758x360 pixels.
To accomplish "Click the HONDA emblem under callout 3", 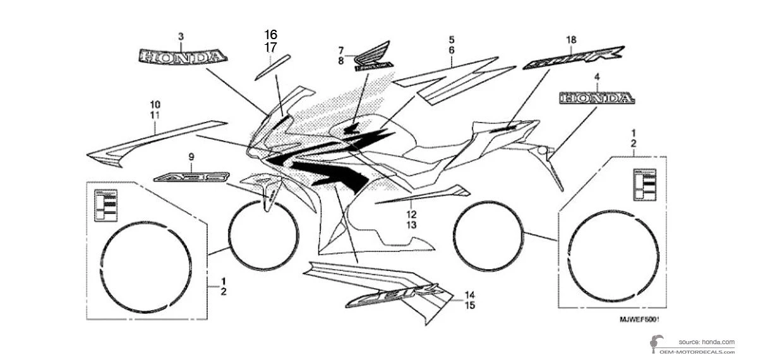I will point(181,57).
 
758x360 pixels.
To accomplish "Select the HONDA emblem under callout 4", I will point(596,98).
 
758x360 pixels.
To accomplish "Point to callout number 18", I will point(571,40).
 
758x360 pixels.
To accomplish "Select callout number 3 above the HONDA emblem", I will point(181,37).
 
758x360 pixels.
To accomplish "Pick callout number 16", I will point(270,34).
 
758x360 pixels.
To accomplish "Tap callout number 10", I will point(155,104).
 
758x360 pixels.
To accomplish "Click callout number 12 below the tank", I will point(411,214).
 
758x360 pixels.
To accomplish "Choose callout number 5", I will point(452,39).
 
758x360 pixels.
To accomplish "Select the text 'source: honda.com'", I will point(702,342).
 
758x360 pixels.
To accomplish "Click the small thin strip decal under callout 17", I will point(272,66).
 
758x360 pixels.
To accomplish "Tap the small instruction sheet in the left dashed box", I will point(106,205).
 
